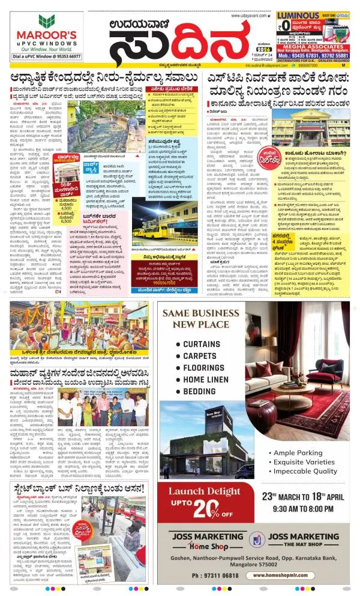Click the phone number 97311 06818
[x=218, y=576]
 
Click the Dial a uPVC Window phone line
[x=47, y=56]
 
